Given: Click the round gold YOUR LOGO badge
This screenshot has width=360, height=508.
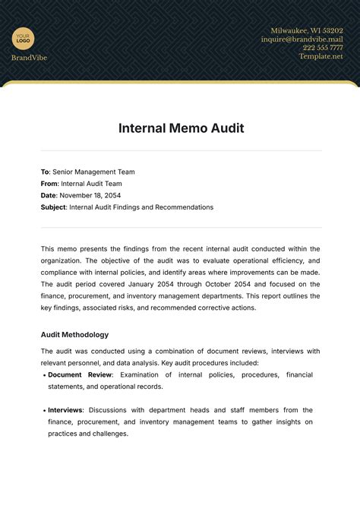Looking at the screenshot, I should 24,38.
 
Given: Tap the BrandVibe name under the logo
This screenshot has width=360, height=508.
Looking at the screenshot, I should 29,58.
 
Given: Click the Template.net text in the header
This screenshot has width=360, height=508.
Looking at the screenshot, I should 321,56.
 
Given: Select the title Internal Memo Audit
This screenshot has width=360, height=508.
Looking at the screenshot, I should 181,128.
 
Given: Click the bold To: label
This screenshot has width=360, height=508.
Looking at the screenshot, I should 45,172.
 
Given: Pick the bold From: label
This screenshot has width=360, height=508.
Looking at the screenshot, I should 49,184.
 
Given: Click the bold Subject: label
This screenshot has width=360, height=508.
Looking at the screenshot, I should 54,207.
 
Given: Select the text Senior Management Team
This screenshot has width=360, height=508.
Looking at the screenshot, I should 94,172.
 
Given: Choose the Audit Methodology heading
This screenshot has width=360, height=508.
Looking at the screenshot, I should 74,334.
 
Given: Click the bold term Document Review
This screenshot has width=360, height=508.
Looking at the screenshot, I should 80,375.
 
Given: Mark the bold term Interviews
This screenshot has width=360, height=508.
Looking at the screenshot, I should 65,410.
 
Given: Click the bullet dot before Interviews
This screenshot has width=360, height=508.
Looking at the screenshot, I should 43,410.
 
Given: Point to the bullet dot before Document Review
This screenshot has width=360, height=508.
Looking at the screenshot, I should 43,375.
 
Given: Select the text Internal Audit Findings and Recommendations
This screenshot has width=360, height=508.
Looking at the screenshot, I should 141,207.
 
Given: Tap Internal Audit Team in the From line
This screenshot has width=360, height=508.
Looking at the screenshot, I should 91,184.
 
